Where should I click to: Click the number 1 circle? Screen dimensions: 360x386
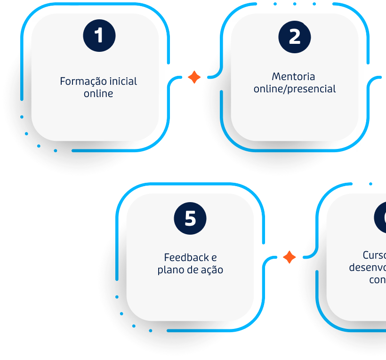pos(99,36)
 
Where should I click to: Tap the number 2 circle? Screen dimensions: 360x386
pos(294,36)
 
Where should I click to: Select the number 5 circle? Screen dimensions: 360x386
pos(190,218)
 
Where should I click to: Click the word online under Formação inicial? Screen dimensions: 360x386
pos(98,93)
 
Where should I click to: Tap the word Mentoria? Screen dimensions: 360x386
pos(294,76)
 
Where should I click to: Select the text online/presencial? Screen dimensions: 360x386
pos(295,89)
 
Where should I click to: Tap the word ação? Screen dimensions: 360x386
pos(211,270)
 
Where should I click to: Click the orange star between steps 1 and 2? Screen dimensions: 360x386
pos(194,77)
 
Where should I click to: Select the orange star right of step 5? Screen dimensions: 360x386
pos(289,257)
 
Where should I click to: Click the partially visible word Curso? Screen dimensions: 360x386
pos(375,255)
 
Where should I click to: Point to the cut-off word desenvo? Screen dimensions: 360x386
pos(368,267)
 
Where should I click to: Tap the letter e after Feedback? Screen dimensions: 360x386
pos(214,258)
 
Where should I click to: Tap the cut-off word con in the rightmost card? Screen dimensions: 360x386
pos(377,279)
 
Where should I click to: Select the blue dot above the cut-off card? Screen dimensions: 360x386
pos(370,184)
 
